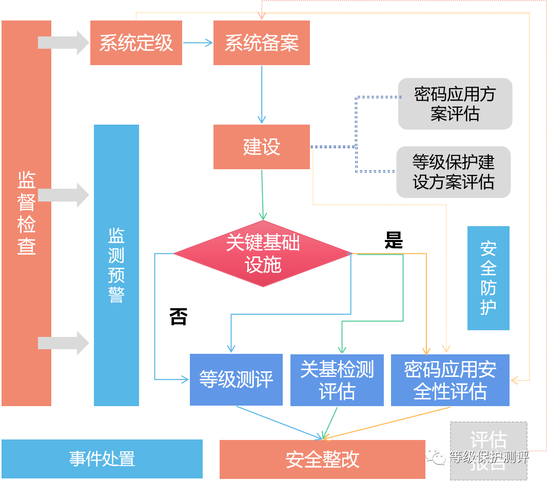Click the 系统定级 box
[x=136, y=43]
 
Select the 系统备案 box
[x=262, y=43]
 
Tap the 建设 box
[x=262, y=147]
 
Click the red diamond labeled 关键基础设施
[x=263, y=254]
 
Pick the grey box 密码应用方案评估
[x=455, y=104]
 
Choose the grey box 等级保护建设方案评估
[x=454, y=172]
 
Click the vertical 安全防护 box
[x=488, y=278]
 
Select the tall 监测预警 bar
[x=116, y=265]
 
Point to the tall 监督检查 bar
[x=26, y=213]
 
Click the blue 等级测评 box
[x=236, y=380]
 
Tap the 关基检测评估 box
[x=337, y=380]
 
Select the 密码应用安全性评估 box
[x=450, y=380]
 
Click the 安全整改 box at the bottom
[x=322, y=459]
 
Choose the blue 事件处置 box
[x=102, y=458]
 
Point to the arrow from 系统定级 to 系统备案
[x=198, y=43]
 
